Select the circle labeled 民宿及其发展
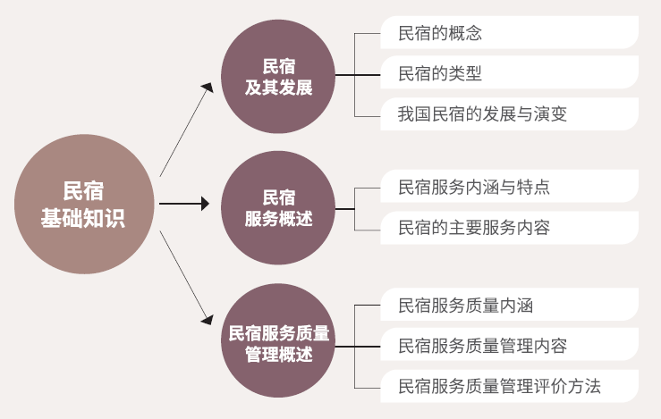tap(279, 76)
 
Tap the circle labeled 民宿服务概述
tap(279, 207)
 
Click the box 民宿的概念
tap(508, 33)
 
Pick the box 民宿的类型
tap(508, 73)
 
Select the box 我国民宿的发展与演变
tap(508, 114)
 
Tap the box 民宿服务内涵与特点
tap(508, 188)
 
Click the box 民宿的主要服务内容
tap(508, 228)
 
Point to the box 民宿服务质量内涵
tap(508, 306)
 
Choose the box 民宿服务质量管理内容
tap(508, 346)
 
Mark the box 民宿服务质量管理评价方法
tap(508, 386)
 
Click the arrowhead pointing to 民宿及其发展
tap(208, 87)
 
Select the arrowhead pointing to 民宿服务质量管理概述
tap(208, 318)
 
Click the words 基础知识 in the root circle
tap(83, 218)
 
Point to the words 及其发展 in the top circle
tap(279, 87)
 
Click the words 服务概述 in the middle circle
tap(279, 219)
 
